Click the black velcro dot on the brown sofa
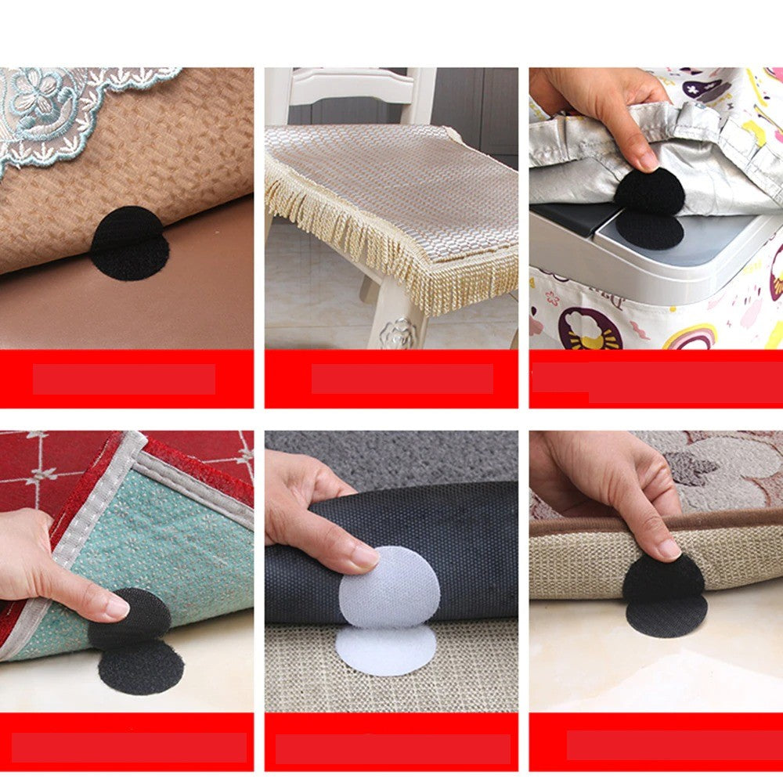129,243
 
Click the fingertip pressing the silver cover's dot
647,160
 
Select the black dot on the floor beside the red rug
141,665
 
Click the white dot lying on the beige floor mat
385,650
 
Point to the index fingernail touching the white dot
365,557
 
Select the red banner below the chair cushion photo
391,378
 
